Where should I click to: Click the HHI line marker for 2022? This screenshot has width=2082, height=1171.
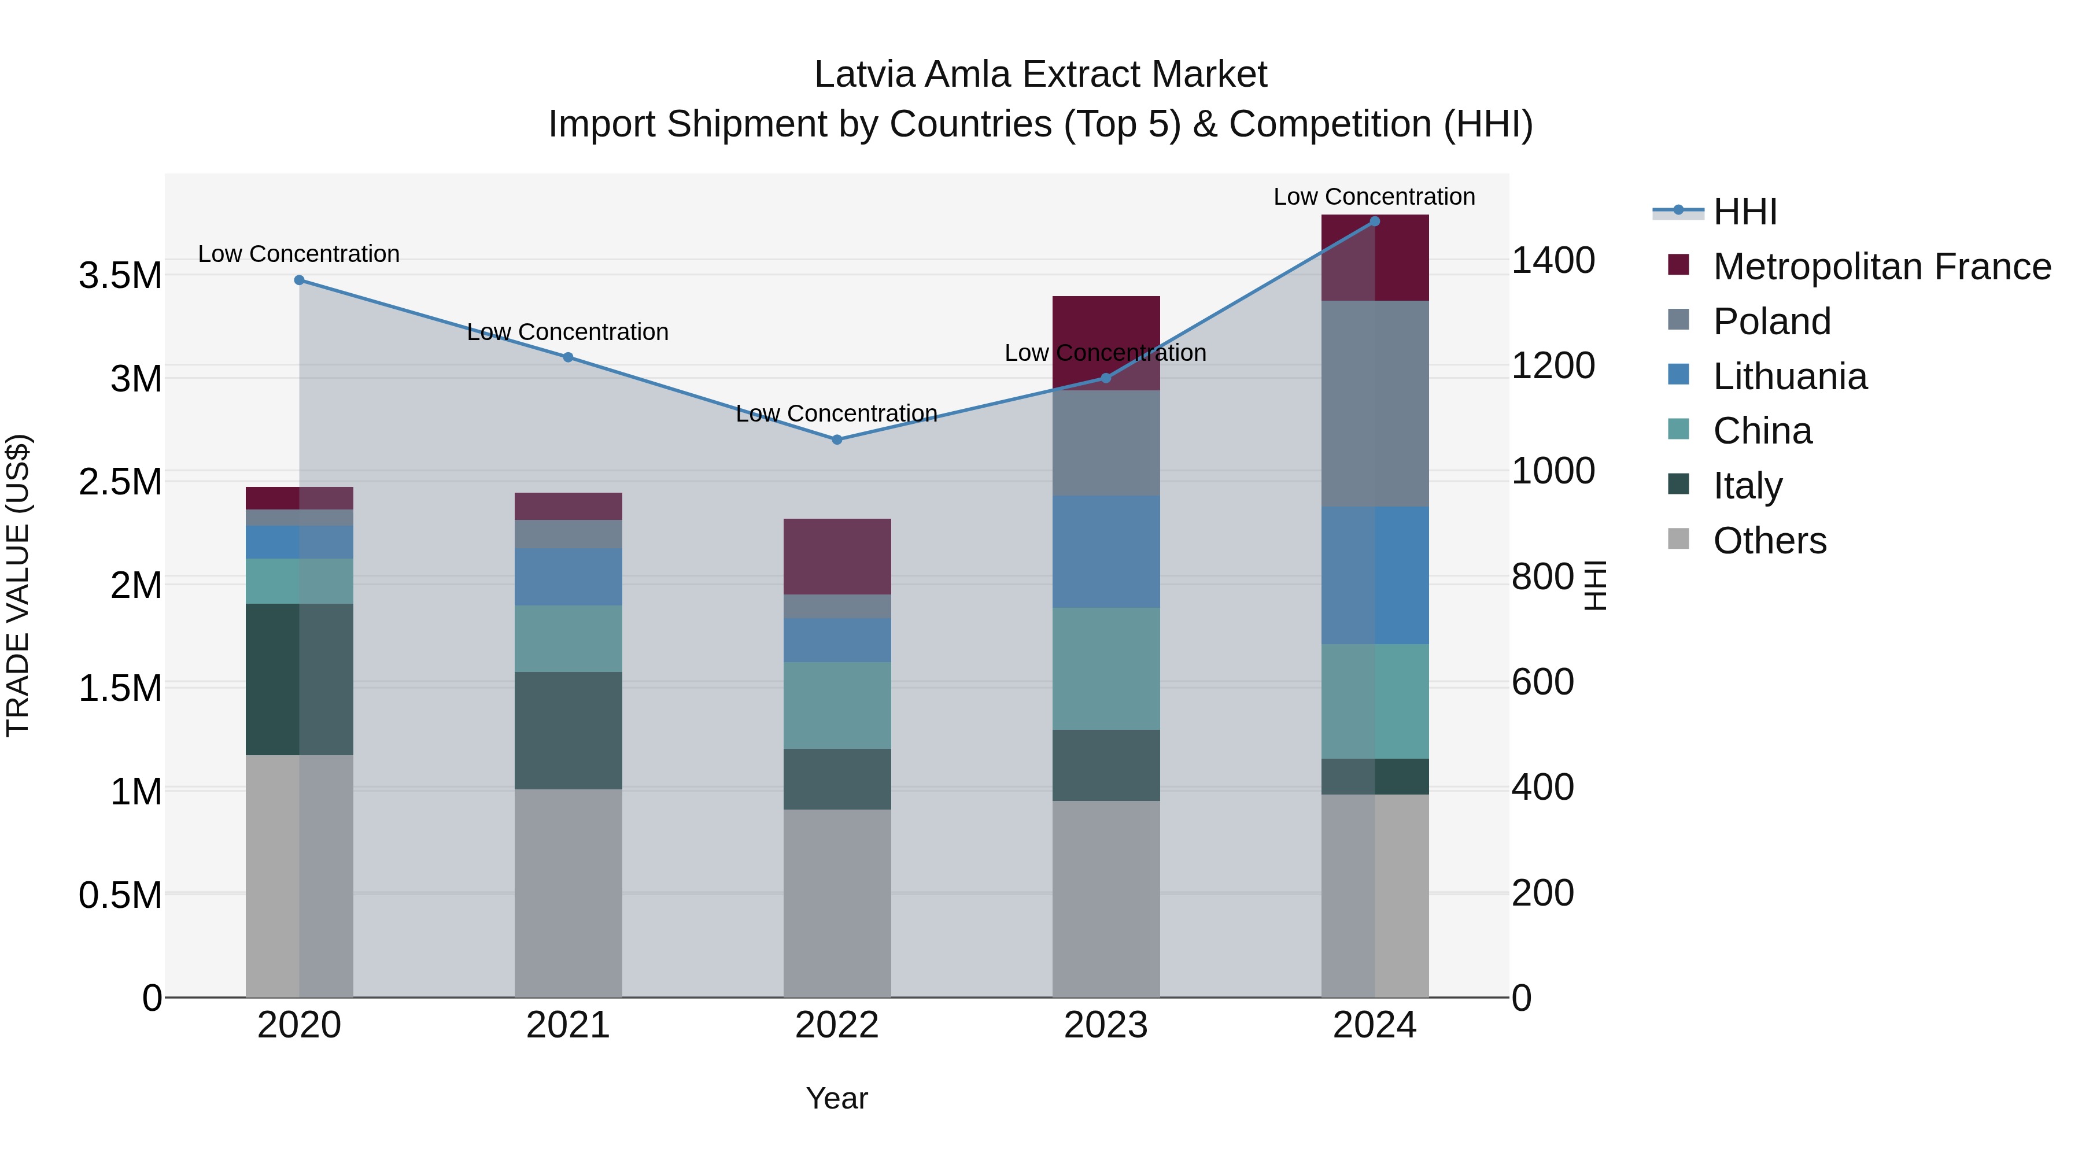pyautogui.click(x=836, y=439)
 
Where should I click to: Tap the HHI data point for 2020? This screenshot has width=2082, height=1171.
pyautogui.click(x=299, y=280)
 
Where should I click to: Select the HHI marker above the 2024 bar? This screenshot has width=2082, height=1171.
pyautogui.click(x=1375, y=221)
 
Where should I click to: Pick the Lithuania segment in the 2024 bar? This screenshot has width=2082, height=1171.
pyautogui.click(x=1375, y=575)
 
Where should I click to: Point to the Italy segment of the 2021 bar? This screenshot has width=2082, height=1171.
pyautogui.click(x=568, y=730)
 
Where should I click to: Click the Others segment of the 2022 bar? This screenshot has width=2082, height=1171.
pyautogui.click(x=836, y=903)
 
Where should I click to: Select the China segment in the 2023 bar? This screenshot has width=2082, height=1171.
pyautogui.click(x=1106, y=668)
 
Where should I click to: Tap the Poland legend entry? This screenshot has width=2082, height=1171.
pyautogui.click(x=1771, y=322)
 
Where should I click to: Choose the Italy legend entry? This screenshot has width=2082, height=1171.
pyautogui.click(x=1747, y=486)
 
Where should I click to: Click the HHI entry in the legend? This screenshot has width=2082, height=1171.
pyautogui.click(x=1744, y=212)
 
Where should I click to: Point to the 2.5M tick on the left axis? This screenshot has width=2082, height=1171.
pyautogui.click(x=120, y=482)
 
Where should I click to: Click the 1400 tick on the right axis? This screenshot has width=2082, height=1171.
pyautogui.click(x=1552, y=261)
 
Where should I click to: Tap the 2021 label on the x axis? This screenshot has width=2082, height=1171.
pyautogui.click(x=567, y=1025)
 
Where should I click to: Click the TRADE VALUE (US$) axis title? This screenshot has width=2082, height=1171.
pyautogui.click(x=18, y=585)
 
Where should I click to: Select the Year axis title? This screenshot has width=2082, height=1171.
pyautogui.click(x=836, y=1098)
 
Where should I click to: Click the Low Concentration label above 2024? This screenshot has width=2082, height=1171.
pyautogui.click(x=1374, y=197)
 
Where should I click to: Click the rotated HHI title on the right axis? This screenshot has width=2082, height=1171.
pyautogui.click(x=1594, y=585)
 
